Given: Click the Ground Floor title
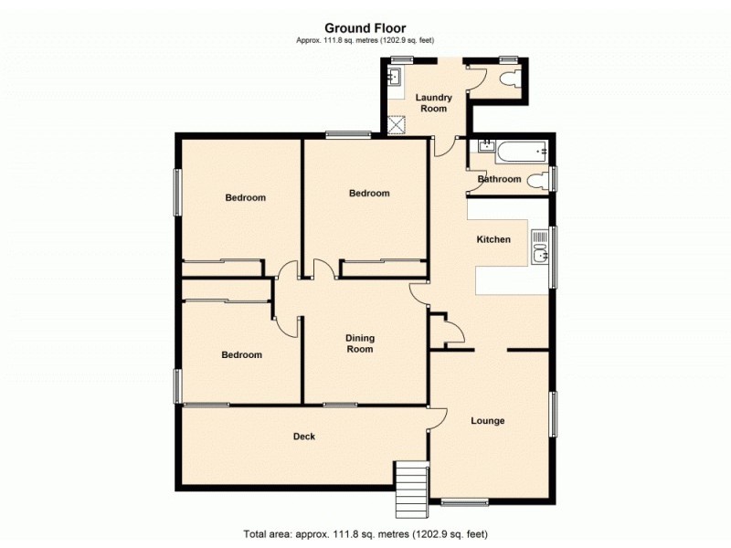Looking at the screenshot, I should click(365, 28).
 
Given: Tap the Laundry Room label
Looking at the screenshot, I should click(433, 103).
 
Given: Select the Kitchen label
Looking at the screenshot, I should click(493, 239).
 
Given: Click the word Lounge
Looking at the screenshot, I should click(488, 421).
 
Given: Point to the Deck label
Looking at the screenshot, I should click(304, 437).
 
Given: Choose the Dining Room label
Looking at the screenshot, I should click(359, 343).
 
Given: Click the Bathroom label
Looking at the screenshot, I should click(500, 180).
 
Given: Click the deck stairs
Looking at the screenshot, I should click(411, 489).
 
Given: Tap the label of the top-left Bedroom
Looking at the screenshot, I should click(245, 198).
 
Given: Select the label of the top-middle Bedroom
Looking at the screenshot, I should click(369, 194).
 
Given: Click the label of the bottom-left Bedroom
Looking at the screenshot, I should click(241, 355).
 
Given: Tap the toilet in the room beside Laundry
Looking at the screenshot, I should click(508, 79).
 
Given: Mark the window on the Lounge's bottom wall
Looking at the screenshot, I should click(464, 501).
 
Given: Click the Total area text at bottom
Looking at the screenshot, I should click(365, 533).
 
